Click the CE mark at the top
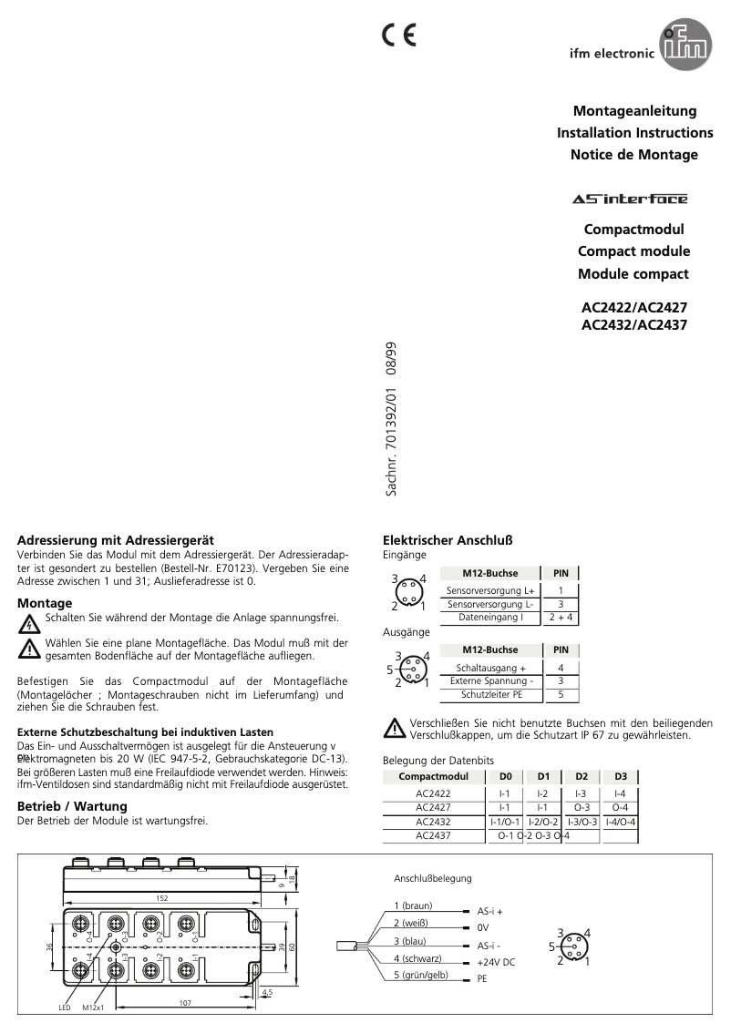[x=398, y=35]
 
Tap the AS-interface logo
[x=630, y=199]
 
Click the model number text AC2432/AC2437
[x=634, y=323]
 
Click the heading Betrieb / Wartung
[x=73, y=806]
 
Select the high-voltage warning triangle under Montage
[x=30, y=624]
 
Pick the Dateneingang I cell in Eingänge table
[x=490, y=618]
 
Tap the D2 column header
[x=582, y=776]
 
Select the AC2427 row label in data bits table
[x=433, y=807]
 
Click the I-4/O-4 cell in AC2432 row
[x=620, y=822]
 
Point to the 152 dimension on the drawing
[x=161, y=898]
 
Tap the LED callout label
[x=65, y=1008]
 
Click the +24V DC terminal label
[x=496, y=962]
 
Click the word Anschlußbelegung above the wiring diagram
[x=432, y=878]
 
